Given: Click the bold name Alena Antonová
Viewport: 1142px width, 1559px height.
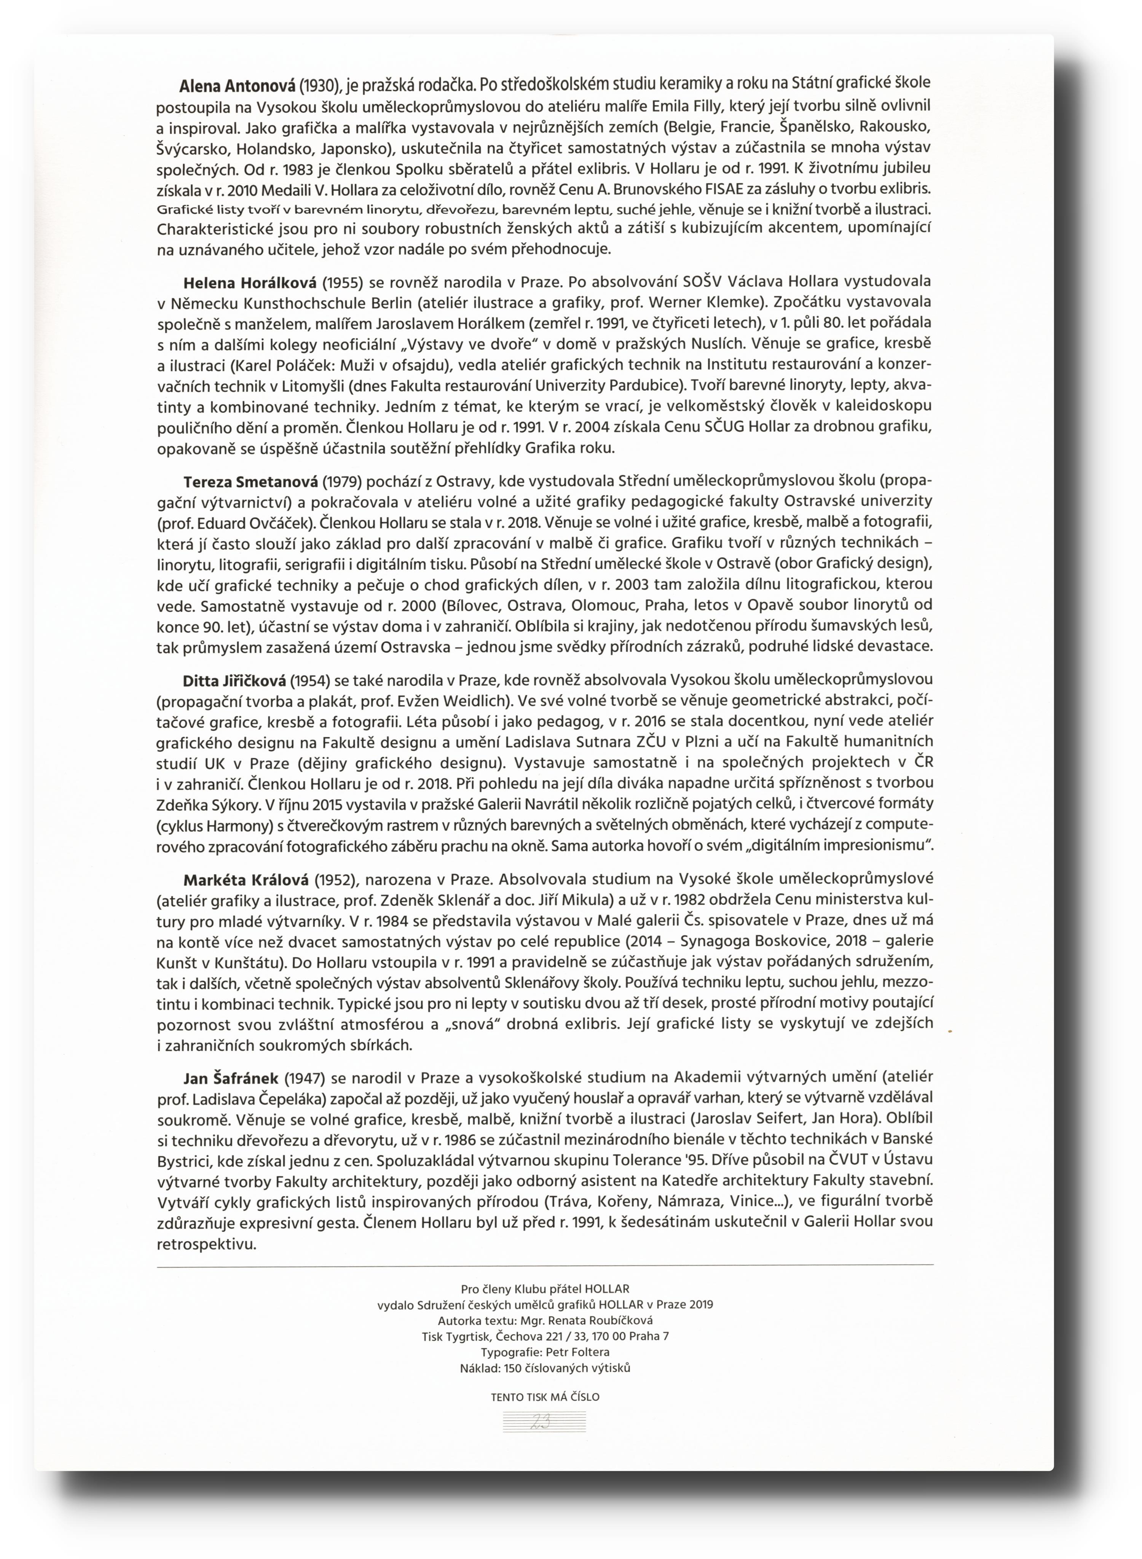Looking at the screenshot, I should click(x=237, y=86).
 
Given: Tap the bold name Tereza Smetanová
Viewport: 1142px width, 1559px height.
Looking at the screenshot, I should click(x=250, y=481).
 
